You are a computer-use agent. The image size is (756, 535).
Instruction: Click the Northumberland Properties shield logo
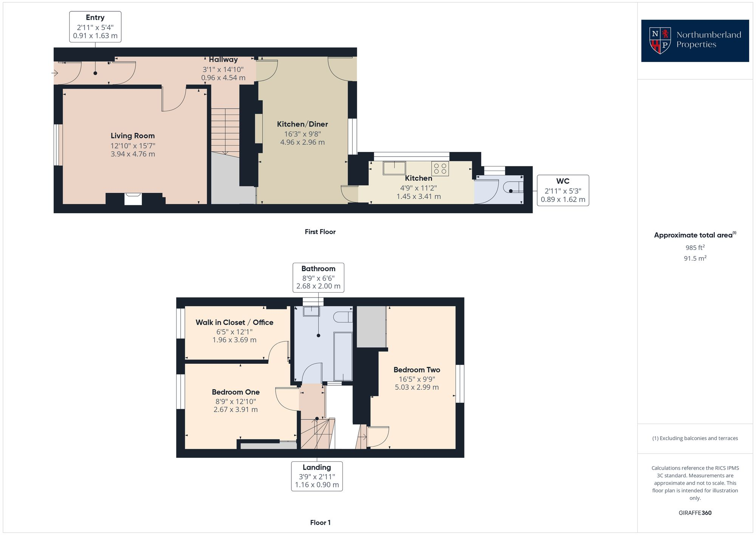[x=660, y=40]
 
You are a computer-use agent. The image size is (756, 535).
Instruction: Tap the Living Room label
[x=133, y=136]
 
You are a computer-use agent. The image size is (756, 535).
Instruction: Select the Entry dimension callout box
[x=95, y=26]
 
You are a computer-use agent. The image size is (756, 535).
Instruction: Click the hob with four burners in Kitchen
[x=440, y=168]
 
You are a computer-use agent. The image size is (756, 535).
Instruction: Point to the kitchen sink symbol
[x=394, y=168]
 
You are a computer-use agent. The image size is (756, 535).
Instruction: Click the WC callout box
[x=563, y=190]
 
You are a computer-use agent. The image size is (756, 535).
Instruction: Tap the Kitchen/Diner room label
[x=302, y=124]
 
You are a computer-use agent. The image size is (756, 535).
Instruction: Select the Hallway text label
[x=223, y=60]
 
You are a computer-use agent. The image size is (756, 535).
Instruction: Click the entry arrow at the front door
[x=55, y=73]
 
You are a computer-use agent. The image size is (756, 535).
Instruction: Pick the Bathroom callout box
[x=318, y=278]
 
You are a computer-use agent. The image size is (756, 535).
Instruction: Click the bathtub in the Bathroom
[x=343, y=357]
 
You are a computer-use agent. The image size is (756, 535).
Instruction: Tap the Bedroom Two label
[x=417, y=370]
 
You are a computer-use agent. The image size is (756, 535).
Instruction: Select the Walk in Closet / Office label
[x=234, y=323]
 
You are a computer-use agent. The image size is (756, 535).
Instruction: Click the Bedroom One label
[x=235, y=392]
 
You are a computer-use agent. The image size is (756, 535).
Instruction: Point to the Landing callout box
[x=317, y=476]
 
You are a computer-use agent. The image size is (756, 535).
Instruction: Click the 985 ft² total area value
[x=695, y=248]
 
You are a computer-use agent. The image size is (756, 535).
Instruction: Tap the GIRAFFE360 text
[x=695, y=513]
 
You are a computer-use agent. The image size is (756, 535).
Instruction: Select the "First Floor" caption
[x=320, y=232]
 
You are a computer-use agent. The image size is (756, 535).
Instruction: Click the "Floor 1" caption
[x=320, y=523]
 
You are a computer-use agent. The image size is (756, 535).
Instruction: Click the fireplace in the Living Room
[x=133, y=199]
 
